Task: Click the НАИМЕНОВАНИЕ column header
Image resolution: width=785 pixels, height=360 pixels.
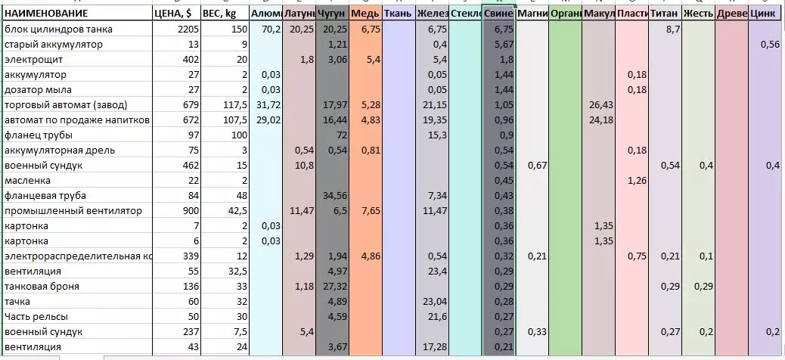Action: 46,14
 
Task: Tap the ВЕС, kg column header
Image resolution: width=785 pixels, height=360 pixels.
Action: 225,14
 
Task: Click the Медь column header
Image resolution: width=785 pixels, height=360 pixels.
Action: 366,14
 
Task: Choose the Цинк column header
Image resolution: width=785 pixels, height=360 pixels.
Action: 763,14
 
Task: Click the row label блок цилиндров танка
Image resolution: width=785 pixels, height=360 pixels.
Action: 59,29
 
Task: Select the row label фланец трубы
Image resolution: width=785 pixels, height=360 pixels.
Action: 39,135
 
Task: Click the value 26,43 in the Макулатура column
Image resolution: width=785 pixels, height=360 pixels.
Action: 600,104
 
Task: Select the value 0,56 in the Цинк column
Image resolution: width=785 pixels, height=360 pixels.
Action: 770,44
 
